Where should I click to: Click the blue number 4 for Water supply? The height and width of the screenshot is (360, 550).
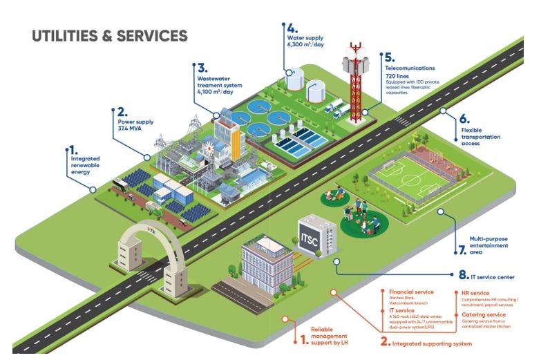point(292,30)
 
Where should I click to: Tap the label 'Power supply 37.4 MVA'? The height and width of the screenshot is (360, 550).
point(135,124)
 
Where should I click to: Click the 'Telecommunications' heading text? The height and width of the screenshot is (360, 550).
point(410,68)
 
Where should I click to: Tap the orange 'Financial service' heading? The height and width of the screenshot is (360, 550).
point(411,292)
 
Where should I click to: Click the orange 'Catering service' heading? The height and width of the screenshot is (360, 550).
point(484,314)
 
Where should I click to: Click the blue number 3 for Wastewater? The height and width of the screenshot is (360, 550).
point(202,68)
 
